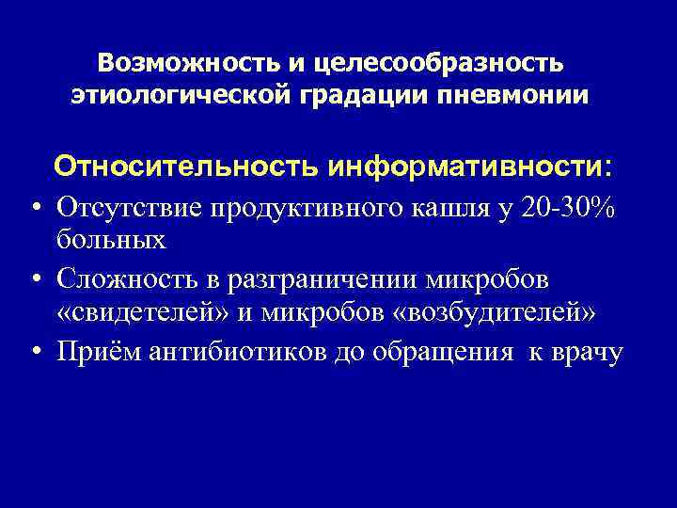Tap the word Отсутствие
pyautogui.click(x=125, y=206)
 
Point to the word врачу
pyautogui.click(x=586, y=352)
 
